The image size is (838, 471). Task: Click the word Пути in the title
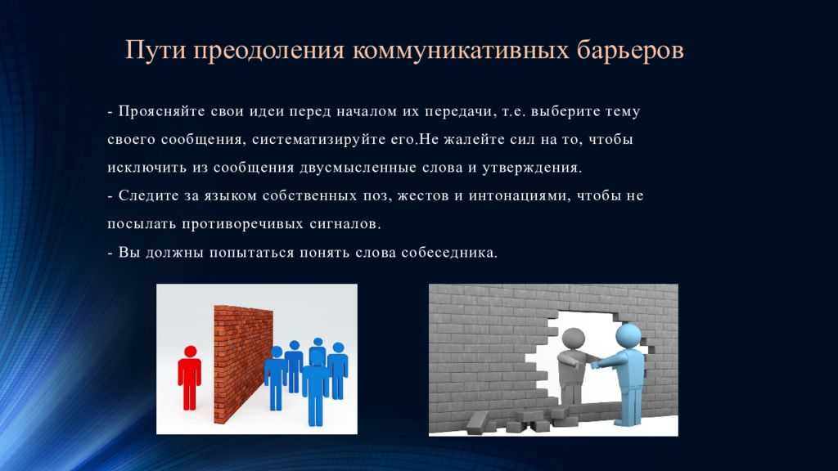(156, 51)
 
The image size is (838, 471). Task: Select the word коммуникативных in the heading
(460, 51)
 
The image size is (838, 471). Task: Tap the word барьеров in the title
(630, 52)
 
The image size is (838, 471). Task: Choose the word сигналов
(345, 224)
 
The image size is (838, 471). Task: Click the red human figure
(190, 378)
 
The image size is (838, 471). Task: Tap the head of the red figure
(190, 352)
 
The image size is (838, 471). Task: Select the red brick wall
(243, 364)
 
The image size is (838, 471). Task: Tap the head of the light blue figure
(628, 336)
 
